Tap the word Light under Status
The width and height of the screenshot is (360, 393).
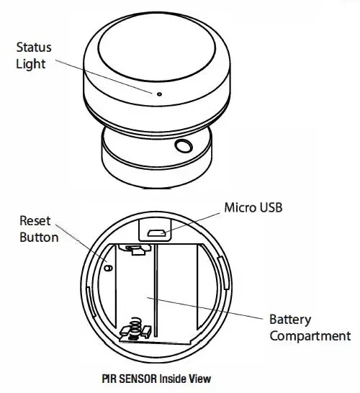(30, 65)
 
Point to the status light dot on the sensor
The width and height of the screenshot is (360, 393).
(154, 93)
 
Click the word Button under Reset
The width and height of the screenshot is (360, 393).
(38, 237)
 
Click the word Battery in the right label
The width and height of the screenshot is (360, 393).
(290, 319)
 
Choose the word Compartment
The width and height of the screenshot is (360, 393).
(310, 335)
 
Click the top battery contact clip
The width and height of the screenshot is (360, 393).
(135, 250)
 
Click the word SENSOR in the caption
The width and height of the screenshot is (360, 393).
(137, 377)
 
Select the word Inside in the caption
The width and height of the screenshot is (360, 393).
(173, 377)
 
